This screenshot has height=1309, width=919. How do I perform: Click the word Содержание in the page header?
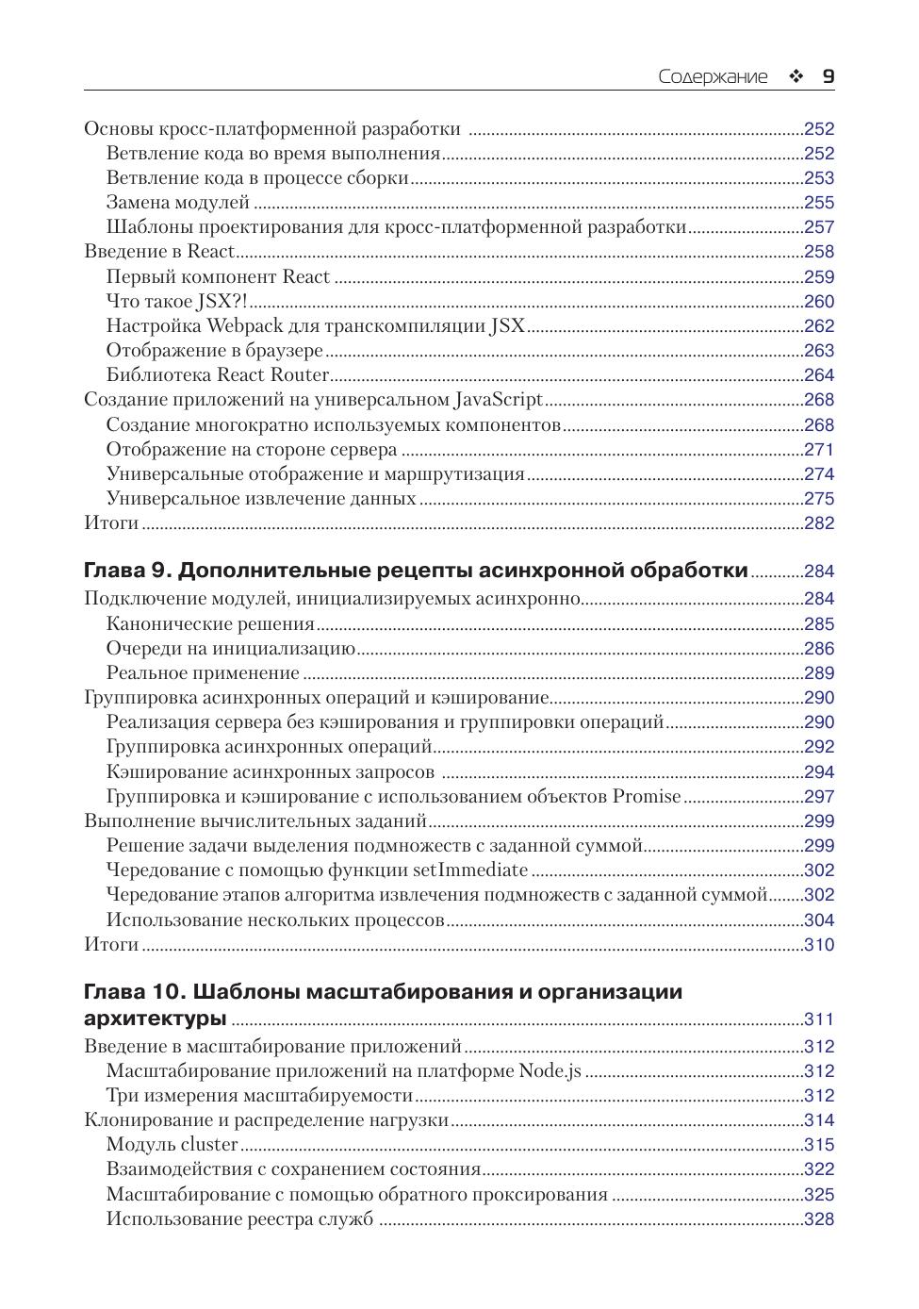coord(713,77)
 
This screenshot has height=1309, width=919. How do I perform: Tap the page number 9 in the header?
coord(828,77)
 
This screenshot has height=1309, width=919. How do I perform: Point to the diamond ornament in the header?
coord(796,77)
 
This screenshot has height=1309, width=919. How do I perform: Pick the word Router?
coord(300,375)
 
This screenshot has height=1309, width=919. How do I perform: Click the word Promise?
coord(646,797)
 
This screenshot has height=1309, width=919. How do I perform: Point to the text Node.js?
coord(550,1071)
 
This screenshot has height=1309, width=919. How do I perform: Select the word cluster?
coord(209,1145)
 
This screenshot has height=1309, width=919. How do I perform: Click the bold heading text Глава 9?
coord(126,571)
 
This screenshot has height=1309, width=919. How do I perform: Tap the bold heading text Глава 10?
coord(133,992)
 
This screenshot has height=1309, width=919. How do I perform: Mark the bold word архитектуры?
coord(155,1019)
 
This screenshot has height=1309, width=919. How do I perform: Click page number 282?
coord(818,523)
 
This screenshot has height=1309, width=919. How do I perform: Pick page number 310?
coord(818,945)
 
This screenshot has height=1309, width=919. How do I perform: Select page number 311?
coord(818,1019)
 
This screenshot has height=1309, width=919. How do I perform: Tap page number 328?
coord(818,1219)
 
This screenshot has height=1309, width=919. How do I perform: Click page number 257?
coord(818,227)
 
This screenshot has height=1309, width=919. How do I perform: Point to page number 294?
coord(818,772)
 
